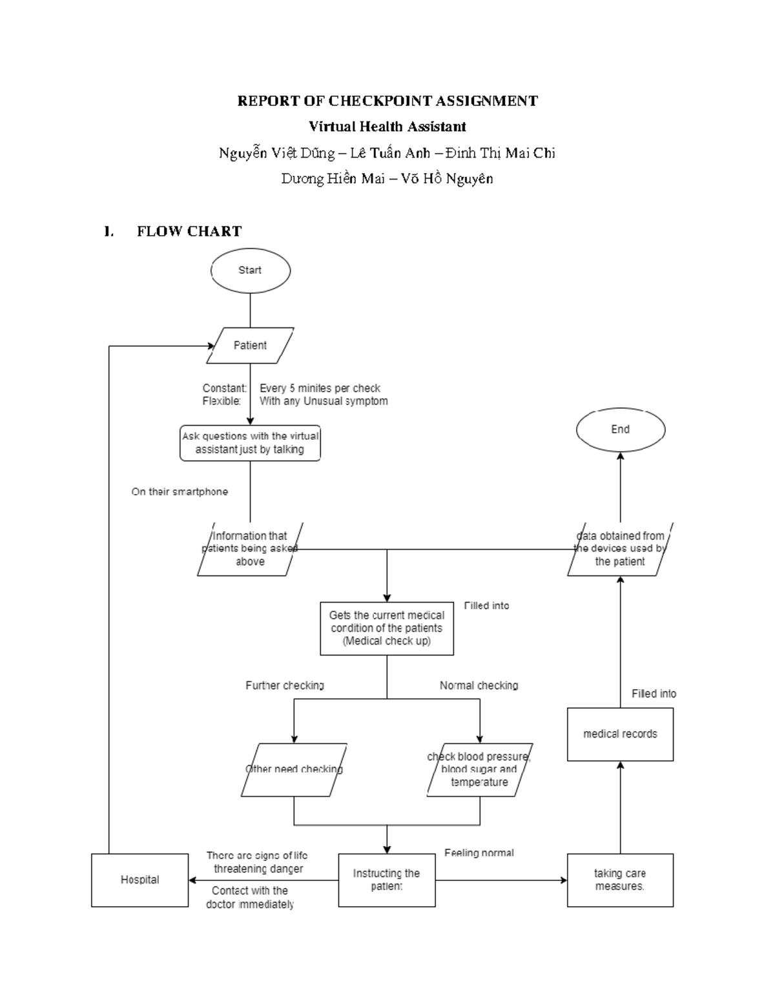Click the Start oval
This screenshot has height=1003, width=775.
[250, 271]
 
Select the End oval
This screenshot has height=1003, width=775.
[620, 429]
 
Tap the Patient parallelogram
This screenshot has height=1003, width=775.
[250, 346]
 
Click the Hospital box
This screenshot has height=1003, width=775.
[139, 880]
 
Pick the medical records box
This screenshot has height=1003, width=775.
[620, 734]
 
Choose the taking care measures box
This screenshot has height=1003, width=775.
[620, 880]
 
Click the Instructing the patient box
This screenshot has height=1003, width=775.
[386, 880]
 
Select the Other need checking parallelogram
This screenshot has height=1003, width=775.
[294, 769]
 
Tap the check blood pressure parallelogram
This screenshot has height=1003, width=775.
[479, 769]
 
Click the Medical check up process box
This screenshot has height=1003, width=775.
[386, 628]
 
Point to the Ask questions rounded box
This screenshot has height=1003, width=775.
[250, 443]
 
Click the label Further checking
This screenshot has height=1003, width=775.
[284, 685]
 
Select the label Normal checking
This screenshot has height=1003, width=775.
[479, 685]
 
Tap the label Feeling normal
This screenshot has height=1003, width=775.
[479, 853]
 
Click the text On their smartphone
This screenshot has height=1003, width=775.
[180, 491]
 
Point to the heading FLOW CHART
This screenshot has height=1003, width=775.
[189, 231]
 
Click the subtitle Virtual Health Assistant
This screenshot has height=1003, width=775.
[387, 127]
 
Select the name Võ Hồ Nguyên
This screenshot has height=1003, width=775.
[447, 179]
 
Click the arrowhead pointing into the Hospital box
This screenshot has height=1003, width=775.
[192, 880]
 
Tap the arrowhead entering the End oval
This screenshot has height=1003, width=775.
[621, 456]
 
